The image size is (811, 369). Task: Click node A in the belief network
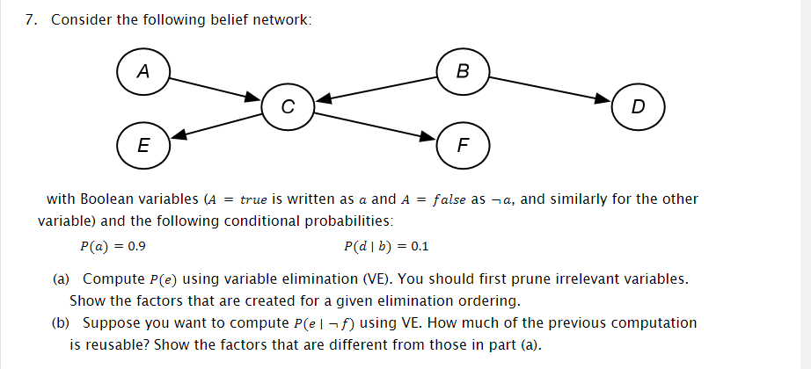[x=142, y=70]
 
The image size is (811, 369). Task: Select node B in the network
[x=463, y=70]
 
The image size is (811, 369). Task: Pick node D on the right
[x=638, y=106]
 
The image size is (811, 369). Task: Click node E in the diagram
[x=142, y=143]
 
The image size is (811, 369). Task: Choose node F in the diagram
[x=463, y=143]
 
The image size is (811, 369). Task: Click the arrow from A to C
[x=216, y=88]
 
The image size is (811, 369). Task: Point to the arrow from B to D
[x=550, y=88]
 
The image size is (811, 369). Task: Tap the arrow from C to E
[x=216, y=126]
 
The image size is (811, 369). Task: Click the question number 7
[x=32, y=20]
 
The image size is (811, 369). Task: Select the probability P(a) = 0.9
[x=113, y=246]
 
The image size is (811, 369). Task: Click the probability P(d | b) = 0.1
[x=387, y=246]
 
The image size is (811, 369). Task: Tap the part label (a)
[x=61, y=279]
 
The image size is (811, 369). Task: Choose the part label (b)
[x=61, y=323]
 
